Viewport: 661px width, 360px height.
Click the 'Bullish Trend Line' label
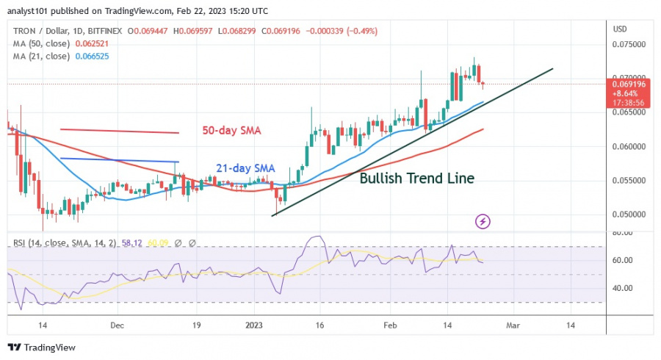point(416,177)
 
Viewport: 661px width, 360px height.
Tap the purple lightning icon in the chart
point(483,220)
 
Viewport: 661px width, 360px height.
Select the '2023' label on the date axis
point(254,324)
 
